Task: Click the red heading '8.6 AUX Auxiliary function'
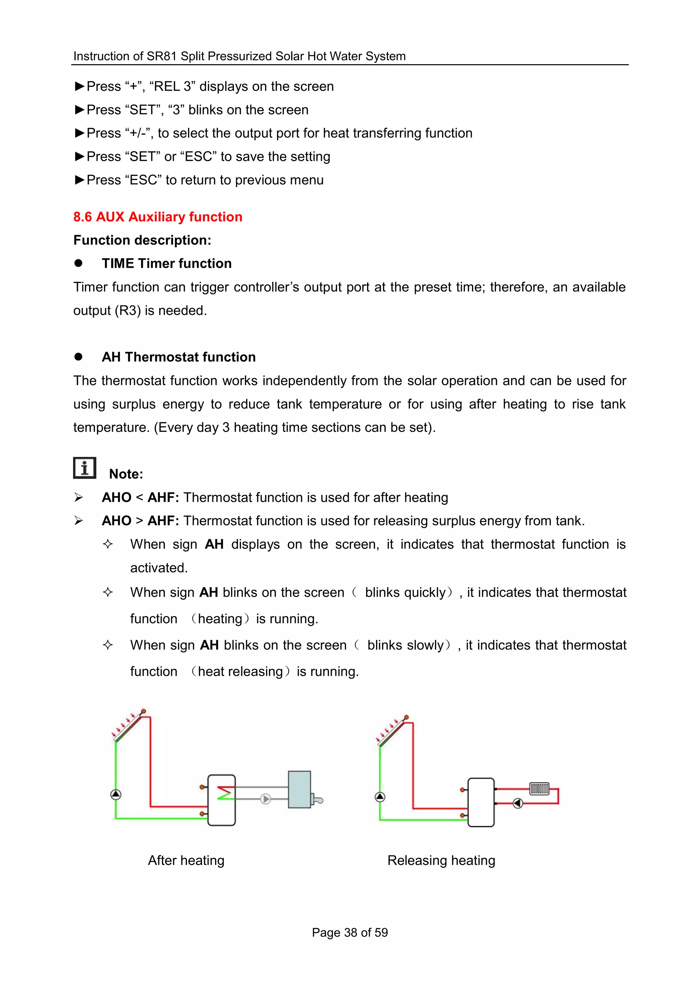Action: coord(158,217)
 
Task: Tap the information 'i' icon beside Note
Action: coord(84,468)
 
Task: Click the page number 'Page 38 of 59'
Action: coord(350,932)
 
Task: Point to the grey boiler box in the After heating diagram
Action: coord(299,790)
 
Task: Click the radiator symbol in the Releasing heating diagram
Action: coord(539,788)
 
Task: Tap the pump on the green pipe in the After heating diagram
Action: coord(116,794)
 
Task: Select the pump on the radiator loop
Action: coord(518,803)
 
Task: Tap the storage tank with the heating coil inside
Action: coord(221,800)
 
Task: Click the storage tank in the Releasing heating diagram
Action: coord(481,802)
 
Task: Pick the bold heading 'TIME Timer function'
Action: coord(166,263)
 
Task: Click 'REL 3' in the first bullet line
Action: coord(172,87)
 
